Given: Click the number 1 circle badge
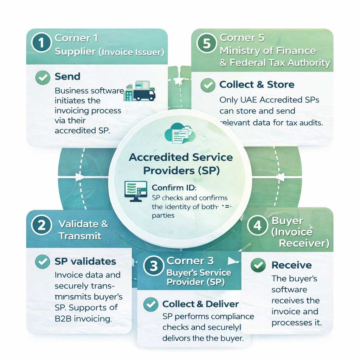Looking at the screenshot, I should point(41,44).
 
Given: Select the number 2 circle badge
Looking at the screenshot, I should point(41,225).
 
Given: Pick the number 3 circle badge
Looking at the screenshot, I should point(154,266).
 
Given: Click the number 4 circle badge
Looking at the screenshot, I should point(258,225).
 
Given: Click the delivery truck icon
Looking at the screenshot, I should point(141,92).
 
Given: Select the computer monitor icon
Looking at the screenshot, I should point(136,191).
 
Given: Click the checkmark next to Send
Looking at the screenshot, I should point(43,77).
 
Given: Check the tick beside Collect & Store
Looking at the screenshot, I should point(208,85).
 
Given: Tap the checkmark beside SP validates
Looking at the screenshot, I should point(43,262).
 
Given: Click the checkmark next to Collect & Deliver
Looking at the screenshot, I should point(151,304).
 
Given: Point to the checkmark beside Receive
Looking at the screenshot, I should point(258,265).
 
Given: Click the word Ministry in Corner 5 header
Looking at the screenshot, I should point(238,50).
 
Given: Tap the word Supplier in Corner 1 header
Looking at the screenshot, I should point(75,52).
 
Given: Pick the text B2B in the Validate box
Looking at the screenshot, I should point(64,319).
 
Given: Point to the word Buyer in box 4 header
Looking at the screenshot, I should point(287,221).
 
